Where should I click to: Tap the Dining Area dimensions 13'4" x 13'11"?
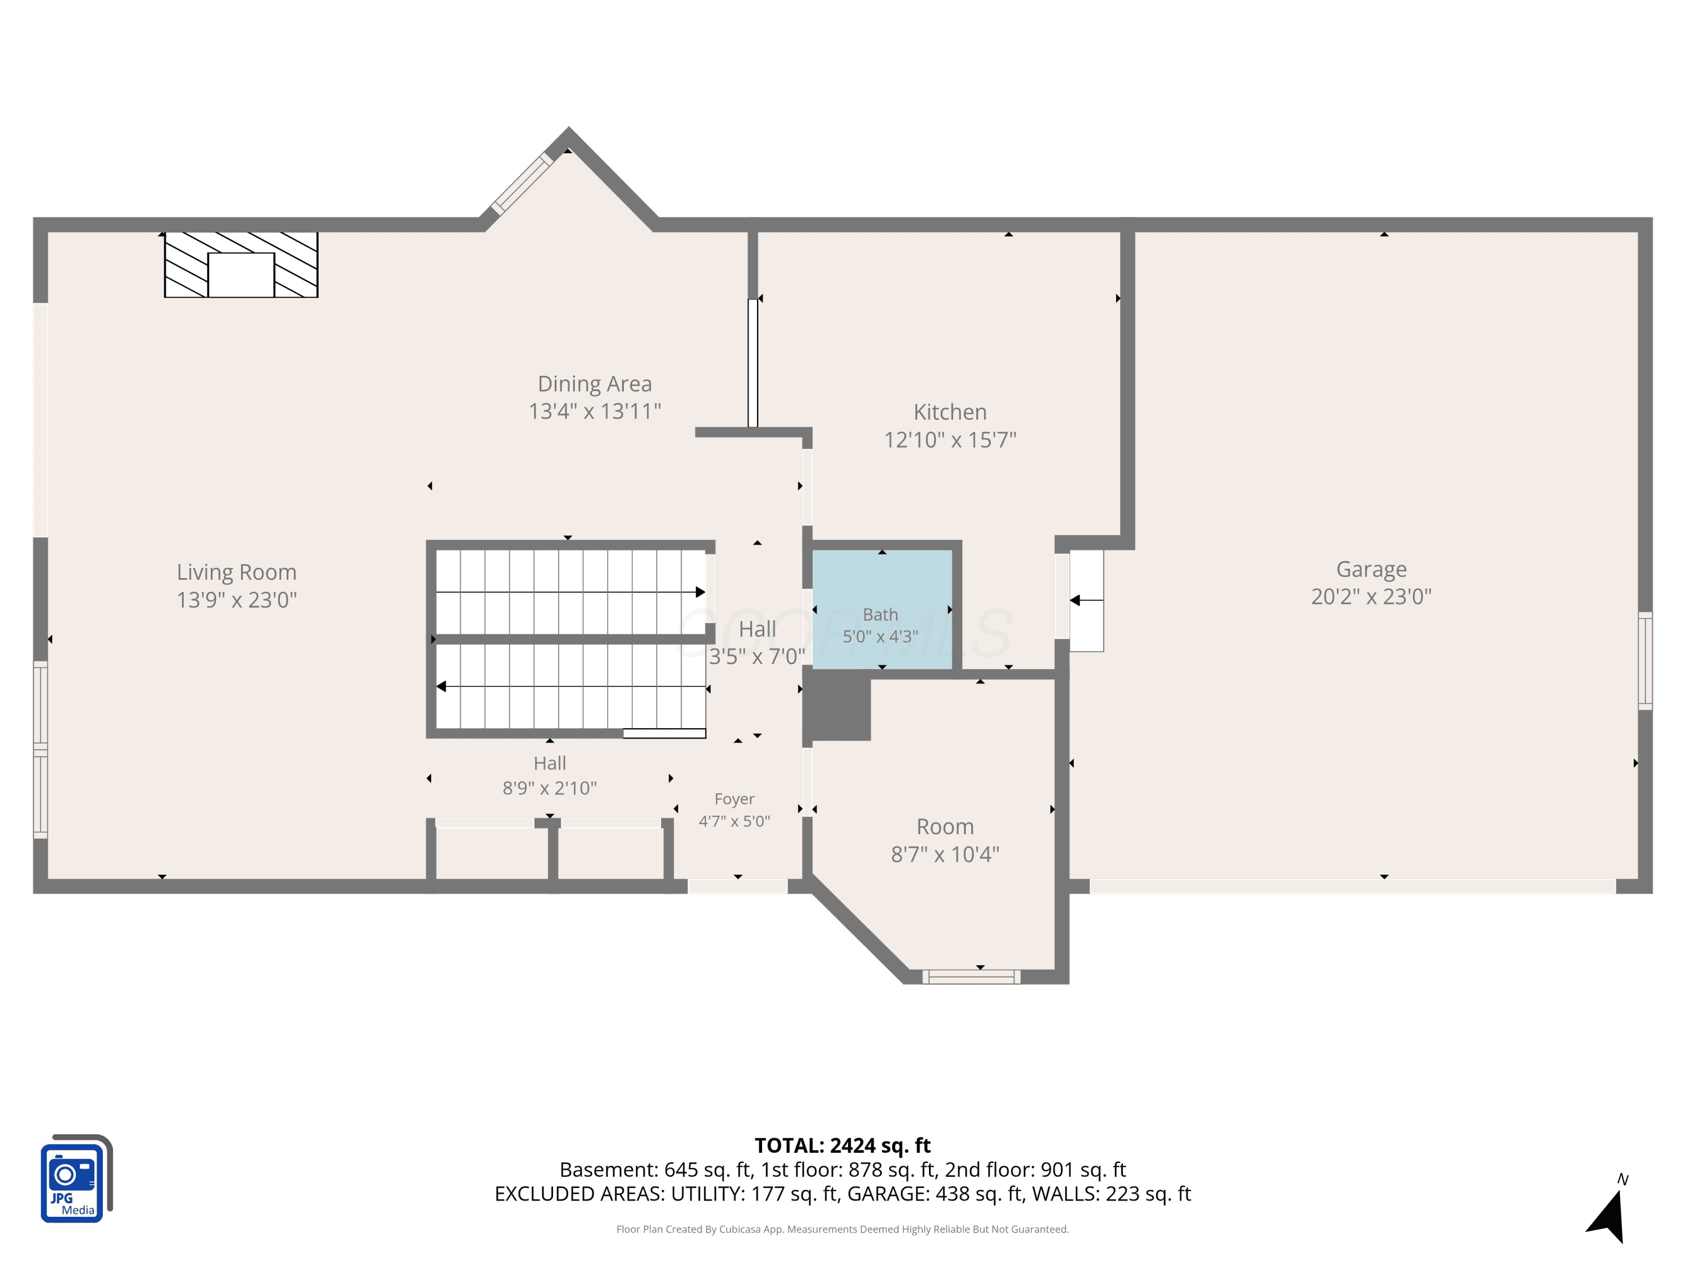(595, 411)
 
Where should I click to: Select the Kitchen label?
(950, 412)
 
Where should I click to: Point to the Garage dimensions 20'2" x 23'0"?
(1371, 597)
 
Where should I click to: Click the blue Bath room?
(882, 610)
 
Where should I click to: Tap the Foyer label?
(734, 799)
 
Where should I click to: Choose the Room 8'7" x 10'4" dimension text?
(945, 854)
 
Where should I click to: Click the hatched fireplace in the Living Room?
(241, 265)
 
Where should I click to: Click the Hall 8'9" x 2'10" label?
(550, 776)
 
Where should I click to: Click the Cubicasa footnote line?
(842, 1229)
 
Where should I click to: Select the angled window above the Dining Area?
(522, 184)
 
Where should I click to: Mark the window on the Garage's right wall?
(1645, 661)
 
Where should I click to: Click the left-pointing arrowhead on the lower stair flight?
(441, 686)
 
